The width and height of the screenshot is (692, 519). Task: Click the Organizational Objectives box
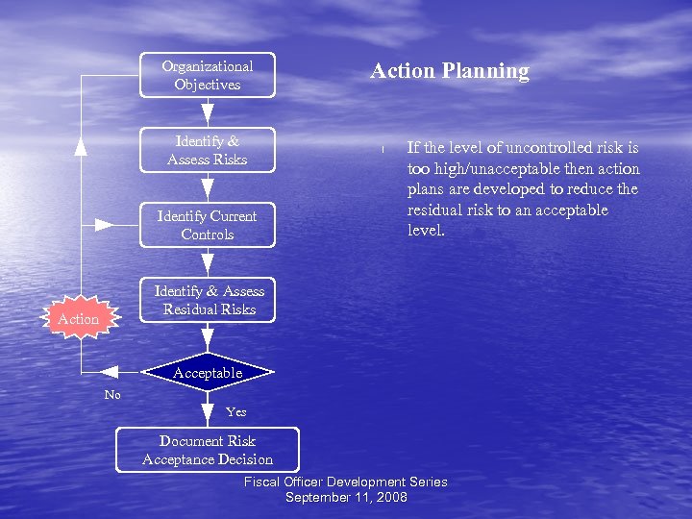208,75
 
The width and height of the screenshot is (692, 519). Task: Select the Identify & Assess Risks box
208,150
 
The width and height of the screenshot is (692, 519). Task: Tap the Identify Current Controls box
208,225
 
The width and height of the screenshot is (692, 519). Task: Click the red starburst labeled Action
78,319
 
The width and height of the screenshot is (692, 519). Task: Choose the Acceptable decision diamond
208,373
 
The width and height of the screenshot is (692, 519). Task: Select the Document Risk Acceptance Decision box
208,450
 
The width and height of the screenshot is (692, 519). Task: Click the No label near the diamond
112,395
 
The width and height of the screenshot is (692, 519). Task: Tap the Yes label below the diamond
235,412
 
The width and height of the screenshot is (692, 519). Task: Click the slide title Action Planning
450,71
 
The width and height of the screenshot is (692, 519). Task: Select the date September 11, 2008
346,497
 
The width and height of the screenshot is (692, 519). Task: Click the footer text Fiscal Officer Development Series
346,482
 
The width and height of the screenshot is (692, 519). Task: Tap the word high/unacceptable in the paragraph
494,168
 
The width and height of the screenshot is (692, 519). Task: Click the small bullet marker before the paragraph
383,149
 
